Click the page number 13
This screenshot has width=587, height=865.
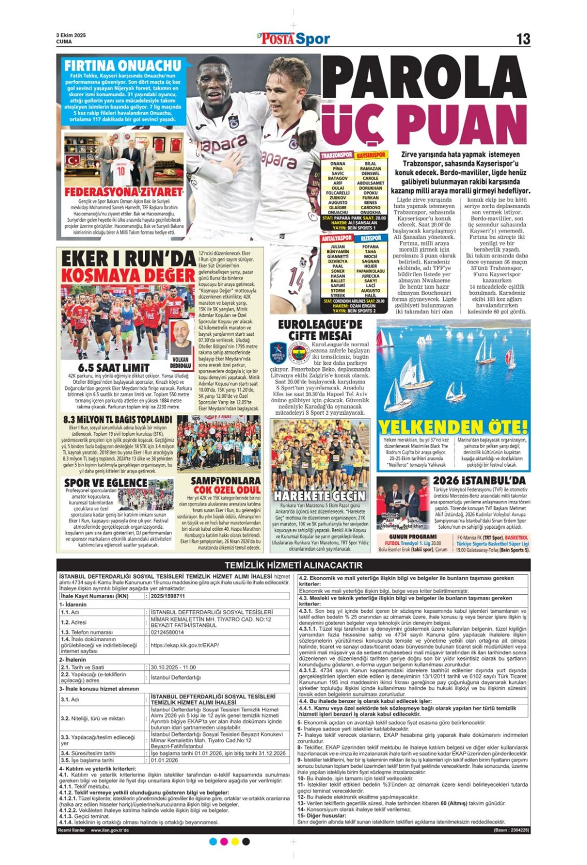pos(523,39)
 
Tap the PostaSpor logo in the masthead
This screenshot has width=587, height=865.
pos(293,39)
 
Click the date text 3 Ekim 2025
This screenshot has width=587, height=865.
pos(71,35)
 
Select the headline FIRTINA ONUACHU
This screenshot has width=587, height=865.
pos(123,66)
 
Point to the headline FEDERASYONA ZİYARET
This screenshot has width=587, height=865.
pos(123,192)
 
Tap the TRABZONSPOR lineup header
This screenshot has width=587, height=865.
pos(337,155)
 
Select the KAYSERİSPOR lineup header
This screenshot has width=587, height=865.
pos(371,155)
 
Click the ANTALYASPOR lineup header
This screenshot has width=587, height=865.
pos(337,238)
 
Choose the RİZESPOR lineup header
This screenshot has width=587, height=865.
pos(371,238)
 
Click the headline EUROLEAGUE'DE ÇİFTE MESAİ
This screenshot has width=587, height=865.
pos(320,330)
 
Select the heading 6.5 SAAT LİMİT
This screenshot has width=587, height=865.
pos(113,368)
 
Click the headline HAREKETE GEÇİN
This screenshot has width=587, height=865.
pos(319,496)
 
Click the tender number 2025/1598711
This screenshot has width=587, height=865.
pos(168,596)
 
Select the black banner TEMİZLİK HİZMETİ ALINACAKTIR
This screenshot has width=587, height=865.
pos(293,565)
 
